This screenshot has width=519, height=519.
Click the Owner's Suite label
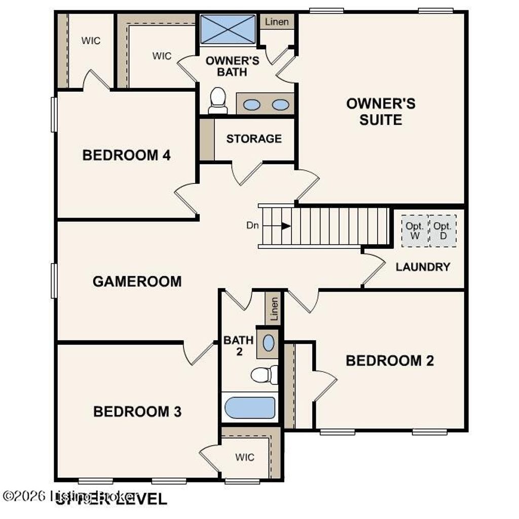[x=381, y=112]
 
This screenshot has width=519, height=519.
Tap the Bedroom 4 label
[x=126, y=155]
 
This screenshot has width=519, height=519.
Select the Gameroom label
[x=137, y=281]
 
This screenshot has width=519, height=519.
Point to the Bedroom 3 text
[x=137, y=412]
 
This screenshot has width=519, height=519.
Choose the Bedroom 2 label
[x=390, y=361]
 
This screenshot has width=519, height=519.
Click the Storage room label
[x=254, y=138]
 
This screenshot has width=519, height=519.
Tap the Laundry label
[x=423, y=267]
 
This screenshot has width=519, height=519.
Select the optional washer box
[x=415, y=231]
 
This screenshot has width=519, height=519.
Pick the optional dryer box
[x=442, y=231]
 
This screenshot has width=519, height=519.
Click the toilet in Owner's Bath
[x=218, y=100]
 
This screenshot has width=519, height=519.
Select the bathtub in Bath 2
[x=250, y=407]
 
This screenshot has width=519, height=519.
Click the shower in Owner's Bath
[x=228, y=29]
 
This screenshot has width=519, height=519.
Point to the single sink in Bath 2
[x=269, y=343]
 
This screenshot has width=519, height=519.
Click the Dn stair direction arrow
[x=286, y=226]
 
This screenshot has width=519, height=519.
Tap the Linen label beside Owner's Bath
[x=277, y=22]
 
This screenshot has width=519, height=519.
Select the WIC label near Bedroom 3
[x=244, y=457]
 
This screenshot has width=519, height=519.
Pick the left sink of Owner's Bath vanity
[x=252, y=105]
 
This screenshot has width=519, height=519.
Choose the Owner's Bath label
[x=232, y=66]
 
